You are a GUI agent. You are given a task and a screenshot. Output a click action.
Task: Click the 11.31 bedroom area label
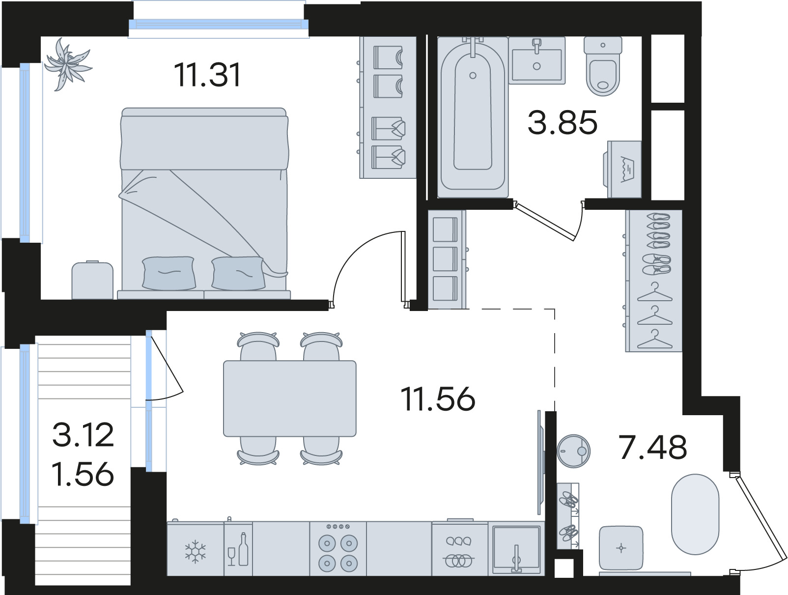[207, 75]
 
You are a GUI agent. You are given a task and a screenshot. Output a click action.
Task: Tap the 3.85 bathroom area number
[563, 122]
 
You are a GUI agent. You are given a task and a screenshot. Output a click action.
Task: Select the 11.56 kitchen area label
[438, 399]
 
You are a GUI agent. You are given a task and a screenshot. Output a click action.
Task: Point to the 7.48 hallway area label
[653, 447]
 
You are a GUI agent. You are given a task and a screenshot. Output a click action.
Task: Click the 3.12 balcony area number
[83, 435]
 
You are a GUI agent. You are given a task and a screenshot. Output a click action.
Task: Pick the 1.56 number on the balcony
[83, 474]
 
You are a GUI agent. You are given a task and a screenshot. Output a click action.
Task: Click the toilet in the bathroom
[603, 66]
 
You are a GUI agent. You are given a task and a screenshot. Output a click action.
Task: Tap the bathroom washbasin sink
[536, 60]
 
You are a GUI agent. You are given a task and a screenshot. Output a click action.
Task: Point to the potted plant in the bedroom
[67, 64]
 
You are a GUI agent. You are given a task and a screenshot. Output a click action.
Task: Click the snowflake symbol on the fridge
[196, 552]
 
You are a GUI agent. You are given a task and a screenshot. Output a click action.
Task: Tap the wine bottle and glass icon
[238, 549]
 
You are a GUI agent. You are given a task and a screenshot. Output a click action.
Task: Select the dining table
[290, 398]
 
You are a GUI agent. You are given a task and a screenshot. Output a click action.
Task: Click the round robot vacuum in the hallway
[574, 451]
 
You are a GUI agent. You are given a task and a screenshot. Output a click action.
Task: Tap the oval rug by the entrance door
[695, 514]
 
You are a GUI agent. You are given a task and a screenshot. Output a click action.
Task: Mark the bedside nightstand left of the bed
[92, 280]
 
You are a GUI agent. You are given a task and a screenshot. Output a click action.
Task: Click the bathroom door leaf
[544, 221]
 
